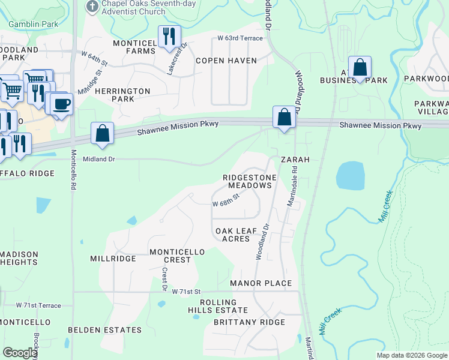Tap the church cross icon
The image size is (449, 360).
(92, 7)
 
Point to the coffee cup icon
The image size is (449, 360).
(62, 104)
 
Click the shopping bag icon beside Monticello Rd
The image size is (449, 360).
(103, 133)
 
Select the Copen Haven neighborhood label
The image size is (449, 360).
(226, 61)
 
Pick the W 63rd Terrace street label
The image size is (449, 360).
(240, 38)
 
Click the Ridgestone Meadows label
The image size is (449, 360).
(250, 182)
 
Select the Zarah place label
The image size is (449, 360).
(295, 160)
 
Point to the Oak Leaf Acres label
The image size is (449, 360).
(232, 235)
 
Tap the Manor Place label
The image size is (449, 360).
(261, 283)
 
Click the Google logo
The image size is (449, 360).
(20, 353)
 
